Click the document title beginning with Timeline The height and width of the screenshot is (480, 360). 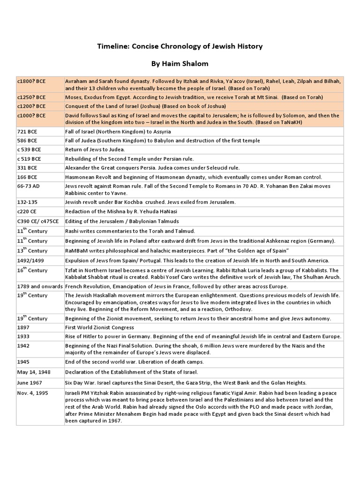pos(180,46)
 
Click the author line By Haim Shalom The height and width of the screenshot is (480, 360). pos(180,63)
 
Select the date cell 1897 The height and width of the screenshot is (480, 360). pos(23,328)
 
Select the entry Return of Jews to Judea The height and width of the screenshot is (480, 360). pos(95,150)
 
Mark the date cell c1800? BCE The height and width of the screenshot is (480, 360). pos(31,81)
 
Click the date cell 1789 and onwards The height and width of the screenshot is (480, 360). pos(39,286)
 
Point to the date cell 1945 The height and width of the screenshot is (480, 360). pos(23,362)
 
